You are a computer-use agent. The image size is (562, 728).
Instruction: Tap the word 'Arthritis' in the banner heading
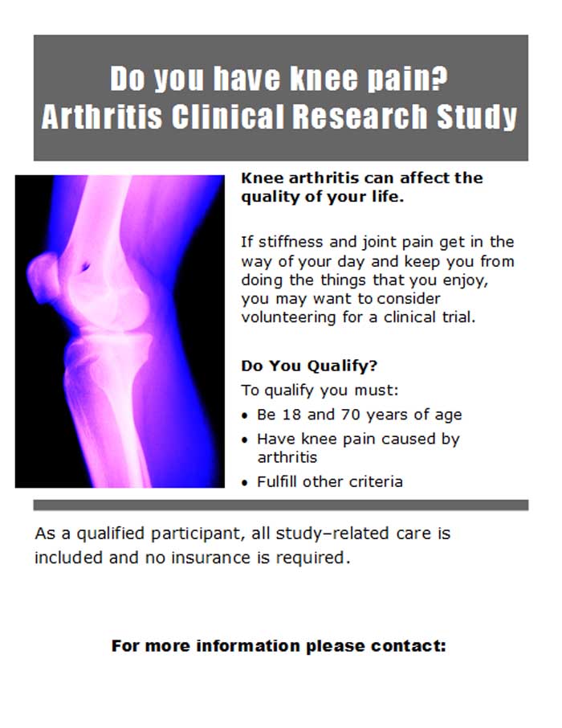pos(102,116)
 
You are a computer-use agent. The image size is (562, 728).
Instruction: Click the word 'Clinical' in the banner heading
pos(227,116)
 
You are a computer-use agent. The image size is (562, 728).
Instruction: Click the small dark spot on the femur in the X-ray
pos(85,267)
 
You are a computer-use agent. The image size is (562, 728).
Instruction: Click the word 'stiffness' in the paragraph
pos(290,242)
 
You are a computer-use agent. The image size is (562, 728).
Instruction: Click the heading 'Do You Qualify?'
pos(309,366)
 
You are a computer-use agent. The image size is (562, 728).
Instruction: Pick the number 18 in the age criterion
pos(291,414)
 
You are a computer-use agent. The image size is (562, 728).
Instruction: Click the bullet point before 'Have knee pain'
pos(245,440)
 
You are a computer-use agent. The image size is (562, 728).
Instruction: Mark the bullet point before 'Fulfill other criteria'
pos(245,483)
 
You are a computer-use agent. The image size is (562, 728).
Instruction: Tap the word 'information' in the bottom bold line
pos(248,646)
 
